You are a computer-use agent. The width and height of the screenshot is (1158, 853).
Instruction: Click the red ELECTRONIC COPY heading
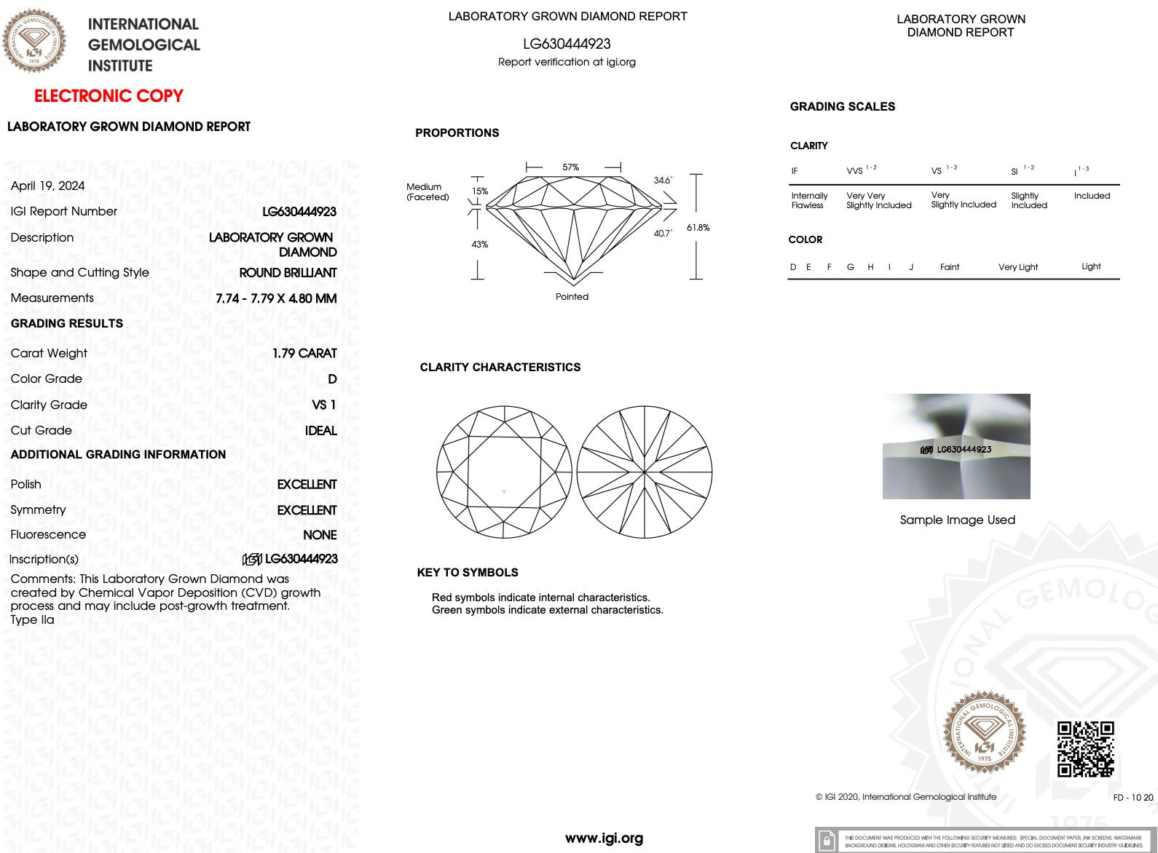109,96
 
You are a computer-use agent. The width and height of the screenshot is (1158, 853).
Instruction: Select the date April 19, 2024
47,186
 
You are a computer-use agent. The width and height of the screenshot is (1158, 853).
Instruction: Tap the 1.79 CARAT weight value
304,353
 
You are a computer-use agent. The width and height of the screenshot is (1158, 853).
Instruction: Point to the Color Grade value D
332,378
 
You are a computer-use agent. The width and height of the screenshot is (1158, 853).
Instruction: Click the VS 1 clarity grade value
323,405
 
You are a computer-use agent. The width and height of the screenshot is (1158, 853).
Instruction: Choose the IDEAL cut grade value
320,430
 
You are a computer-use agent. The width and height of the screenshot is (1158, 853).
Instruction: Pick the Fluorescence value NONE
320,535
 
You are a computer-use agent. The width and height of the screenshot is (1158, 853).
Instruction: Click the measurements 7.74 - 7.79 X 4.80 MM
276,298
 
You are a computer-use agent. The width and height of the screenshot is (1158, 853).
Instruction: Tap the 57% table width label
571,167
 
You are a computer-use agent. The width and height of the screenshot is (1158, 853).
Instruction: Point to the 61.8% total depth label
698,228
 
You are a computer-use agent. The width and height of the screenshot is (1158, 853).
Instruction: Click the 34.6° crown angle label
663,180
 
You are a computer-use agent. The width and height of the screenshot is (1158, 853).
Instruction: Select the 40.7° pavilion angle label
663,234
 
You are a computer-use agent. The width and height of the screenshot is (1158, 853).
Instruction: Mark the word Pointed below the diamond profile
572,297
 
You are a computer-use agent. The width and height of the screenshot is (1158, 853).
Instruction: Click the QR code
1085,749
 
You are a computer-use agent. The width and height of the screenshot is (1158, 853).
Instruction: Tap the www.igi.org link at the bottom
604,838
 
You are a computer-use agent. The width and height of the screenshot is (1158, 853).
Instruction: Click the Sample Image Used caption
957,520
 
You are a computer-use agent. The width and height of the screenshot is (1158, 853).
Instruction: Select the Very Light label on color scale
1017,267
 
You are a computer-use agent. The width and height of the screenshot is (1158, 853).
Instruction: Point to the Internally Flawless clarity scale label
809,200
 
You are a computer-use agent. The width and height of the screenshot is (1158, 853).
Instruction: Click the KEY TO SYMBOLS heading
468,572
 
